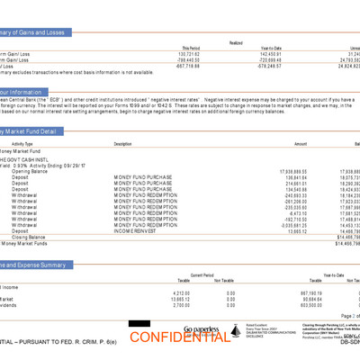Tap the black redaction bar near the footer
(139, 323)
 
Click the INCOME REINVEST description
(136, 229)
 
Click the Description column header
(122, 143)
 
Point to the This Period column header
(191, 48)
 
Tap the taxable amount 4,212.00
(181, 292)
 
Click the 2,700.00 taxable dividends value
(181, 306)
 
